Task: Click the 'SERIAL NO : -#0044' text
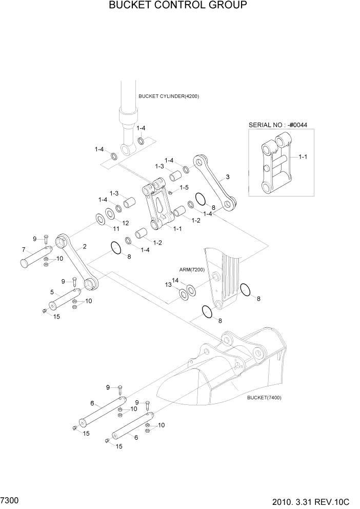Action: [x=274, y=125]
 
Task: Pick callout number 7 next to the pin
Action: [x=24, y=250]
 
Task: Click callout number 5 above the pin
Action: [x=52, y=292]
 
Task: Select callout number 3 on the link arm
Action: [x=228, y=178]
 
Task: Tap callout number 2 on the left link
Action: [x=85, y=247]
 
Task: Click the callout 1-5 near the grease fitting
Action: [x=184, y=187]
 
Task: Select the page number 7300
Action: [x=10, y=499]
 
